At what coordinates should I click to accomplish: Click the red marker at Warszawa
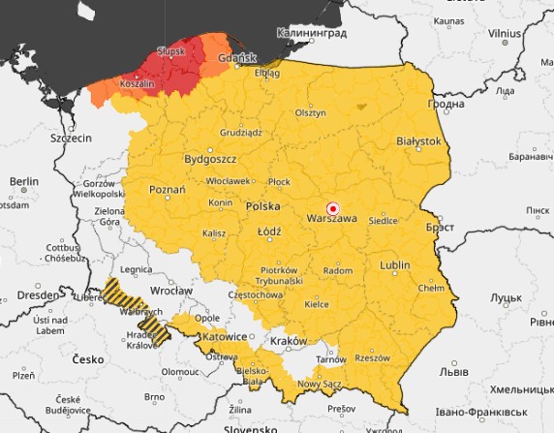tap(333, 208)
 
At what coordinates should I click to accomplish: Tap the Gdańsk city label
tap(236, 58)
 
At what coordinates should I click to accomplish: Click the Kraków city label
tap(290, 341)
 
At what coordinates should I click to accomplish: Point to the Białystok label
tap(418, 140)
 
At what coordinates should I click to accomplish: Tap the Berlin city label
tap(23, 181)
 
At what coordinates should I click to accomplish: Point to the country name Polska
tap(262, 206)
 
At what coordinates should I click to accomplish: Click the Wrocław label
tap(171, 290)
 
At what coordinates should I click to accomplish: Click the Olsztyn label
tap(310, 112)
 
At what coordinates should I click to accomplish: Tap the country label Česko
tap(87, 359)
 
